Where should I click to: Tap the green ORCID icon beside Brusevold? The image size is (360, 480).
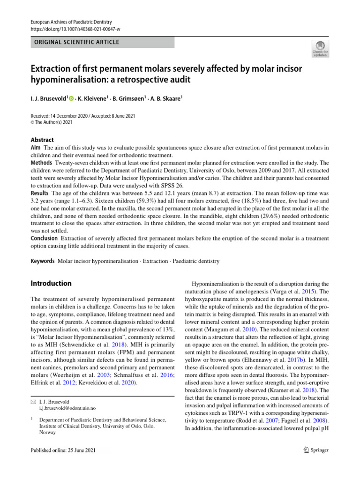(71, 98)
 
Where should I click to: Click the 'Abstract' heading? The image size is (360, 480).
(42, 140)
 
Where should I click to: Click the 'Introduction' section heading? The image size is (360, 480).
(51, 284)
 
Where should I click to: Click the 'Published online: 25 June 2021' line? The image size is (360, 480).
(62, 450)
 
